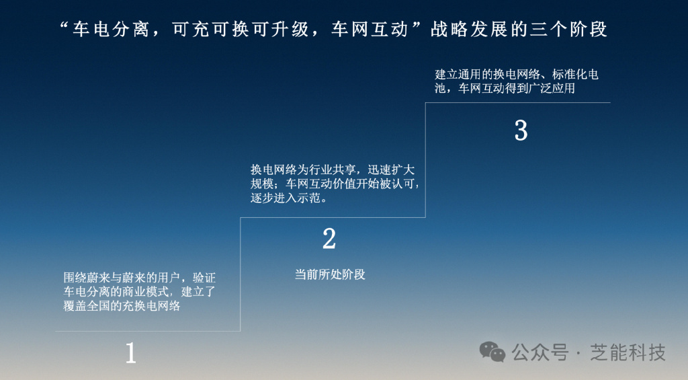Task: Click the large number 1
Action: coord(131,353)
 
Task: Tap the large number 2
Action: coord(329,239)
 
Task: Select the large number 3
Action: coord(521,130)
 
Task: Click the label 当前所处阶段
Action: coord(330,274)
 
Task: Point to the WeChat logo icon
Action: coord(492,352)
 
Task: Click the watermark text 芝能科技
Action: coord(628,352)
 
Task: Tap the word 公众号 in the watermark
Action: coord(540,352)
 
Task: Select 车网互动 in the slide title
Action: coord(370,30)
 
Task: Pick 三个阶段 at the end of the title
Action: coord(569,30)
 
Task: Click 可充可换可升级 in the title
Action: coord(241,30)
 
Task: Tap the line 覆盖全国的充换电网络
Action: coord(122,306)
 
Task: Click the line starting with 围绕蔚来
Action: coord(140,278)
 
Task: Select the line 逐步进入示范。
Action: coord(289,198)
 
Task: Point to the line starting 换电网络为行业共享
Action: coord(332,170)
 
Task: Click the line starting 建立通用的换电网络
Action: coord(517,74)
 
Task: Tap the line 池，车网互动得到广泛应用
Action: coord(505,88)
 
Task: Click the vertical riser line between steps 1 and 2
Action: coord(241,274)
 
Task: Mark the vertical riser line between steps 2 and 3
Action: coord(425,160)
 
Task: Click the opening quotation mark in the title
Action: coord(64,26)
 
